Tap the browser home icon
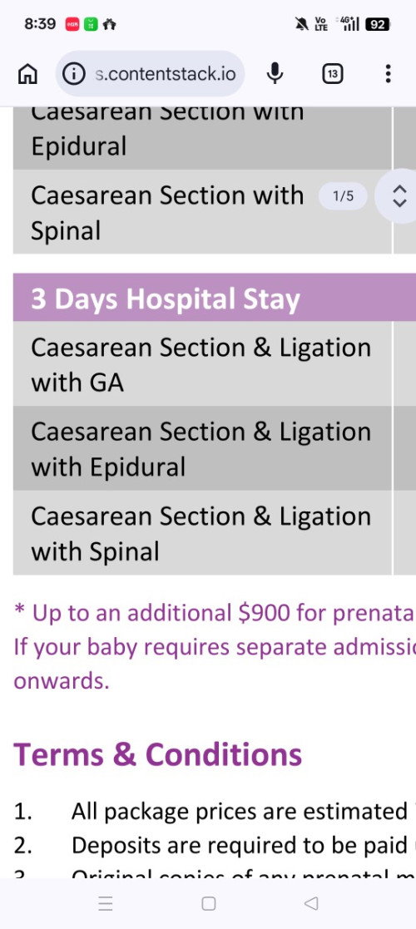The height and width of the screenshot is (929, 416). [27, 74]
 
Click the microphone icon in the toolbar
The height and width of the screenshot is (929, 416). [275, 74]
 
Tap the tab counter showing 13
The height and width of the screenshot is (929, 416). [332, 74]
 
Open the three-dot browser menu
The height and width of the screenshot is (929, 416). [388, 74]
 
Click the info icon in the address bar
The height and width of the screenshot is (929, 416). [74, 74]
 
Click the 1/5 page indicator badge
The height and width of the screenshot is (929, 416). [343, 196]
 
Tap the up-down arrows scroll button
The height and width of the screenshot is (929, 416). [399, 196]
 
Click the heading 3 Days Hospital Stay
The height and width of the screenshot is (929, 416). [165, 299]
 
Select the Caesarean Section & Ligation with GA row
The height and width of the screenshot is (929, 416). [201, 364]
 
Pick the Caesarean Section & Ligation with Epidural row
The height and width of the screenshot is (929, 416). [201, 449]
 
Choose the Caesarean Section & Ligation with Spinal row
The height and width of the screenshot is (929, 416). [201, 533]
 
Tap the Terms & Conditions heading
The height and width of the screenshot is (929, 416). [157, 754]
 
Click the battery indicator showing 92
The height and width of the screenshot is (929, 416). [378, 24]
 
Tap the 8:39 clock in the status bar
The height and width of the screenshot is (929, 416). [40, 24]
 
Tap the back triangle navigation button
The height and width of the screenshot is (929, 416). [311, 903]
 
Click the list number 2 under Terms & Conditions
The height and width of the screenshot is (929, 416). [22, 845]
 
